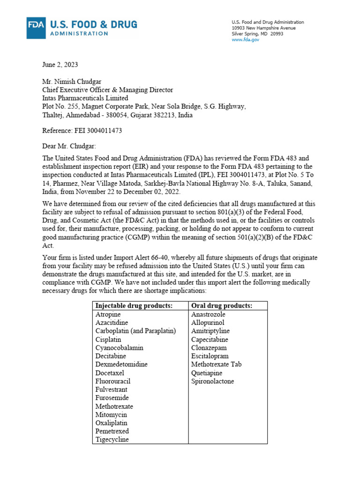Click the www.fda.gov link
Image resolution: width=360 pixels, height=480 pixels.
(245, 40)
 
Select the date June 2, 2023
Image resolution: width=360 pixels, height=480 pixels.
(59, 64)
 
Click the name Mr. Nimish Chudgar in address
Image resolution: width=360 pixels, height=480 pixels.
(72, 82)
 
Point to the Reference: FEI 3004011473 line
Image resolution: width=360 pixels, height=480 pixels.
(82, 131)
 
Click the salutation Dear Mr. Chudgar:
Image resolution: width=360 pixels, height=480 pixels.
(68, 146)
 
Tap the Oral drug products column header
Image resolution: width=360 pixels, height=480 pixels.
(222, 306)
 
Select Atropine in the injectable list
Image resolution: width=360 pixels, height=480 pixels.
(108, 314)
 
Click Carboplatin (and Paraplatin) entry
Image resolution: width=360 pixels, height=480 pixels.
(135, 331)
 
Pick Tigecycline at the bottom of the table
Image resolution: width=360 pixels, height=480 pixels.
(112, 439)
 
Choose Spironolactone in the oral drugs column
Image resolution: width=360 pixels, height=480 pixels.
(212, 381)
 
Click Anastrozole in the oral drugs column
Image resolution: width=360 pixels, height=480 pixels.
(208, 314)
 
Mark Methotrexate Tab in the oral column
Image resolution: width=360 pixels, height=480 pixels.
(216, 364)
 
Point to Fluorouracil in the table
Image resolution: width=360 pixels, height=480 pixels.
(113, 381)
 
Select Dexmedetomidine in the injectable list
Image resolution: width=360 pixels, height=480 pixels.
(121, 364)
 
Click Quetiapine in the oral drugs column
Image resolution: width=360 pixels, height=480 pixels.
(207, 373)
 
